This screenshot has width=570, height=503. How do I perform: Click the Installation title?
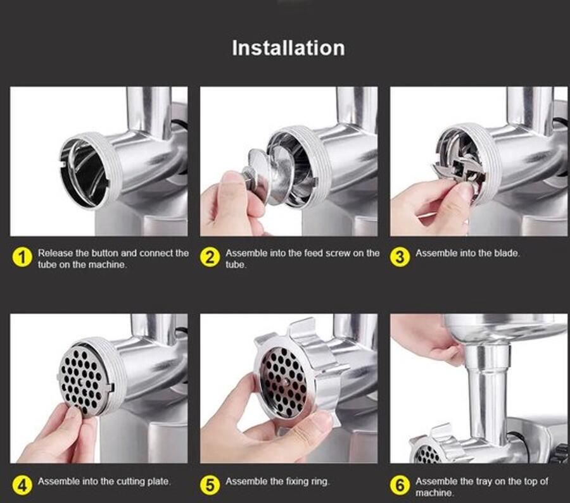[288, 48]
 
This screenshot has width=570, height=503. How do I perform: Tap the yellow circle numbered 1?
[22, 258]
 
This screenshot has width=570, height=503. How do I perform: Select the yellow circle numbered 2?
[210, 258]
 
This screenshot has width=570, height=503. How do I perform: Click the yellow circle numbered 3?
[400, 257]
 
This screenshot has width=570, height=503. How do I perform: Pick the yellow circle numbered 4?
[22, 485]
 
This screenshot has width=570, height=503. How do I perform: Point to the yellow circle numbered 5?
[210, 485]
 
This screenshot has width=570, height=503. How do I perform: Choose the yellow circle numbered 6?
[400, 485]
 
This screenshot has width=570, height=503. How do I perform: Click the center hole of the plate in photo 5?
[286, 382]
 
